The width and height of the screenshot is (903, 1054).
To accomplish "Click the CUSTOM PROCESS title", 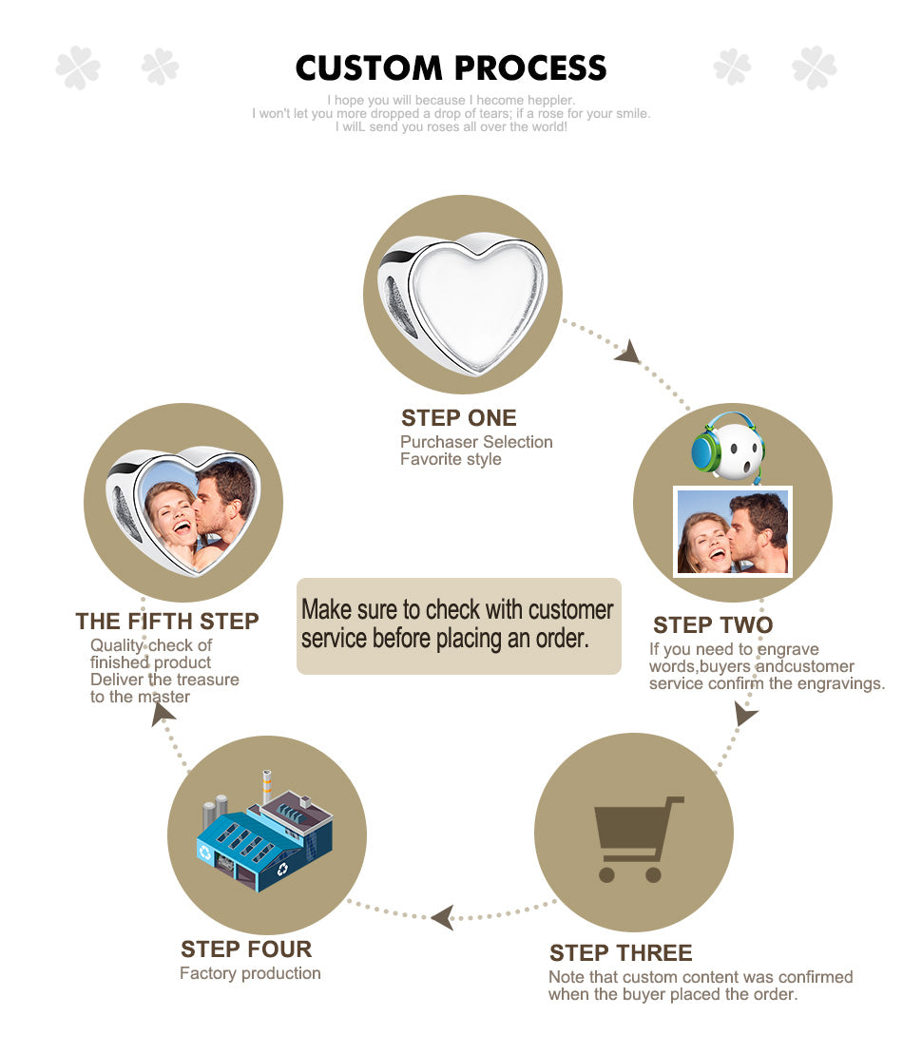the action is pos(451,67).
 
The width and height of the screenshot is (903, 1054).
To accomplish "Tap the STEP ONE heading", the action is pos(458,418).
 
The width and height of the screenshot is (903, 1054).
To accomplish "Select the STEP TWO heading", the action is pos(713,625).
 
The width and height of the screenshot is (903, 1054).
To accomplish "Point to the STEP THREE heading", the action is pos(621,953).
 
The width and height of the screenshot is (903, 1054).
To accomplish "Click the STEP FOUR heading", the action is pos(246,949).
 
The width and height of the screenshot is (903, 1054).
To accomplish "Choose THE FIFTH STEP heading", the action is pos(166,622).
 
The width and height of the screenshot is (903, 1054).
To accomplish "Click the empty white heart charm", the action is pos(463,302).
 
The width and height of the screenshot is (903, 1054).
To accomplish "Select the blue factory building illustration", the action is pos(264,834).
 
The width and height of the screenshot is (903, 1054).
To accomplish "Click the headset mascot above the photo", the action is pos(729,447).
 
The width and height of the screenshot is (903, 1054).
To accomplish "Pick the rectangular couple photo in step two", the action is pos(732,531).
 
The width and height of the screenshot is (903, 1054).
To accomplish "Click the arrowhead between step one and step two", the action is pos(629,353).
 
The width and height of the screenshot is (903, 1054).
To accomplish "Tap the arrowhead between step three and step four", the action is pos(442,917).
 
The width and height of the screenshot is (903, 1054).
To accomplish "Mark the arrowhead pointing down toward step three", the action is pos(745,713).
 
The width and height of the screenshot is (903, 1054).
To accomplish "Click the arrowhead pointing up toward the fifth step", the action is pos(162,713).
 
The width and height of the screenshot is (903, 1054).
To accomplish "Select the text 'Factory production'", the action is pos(250,973).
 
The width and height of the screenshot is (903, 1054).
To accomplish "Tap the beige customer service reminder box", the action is pos(459,625).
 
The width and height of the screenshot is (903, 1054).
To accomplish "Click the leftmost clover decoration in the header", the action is pos(78,67).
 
